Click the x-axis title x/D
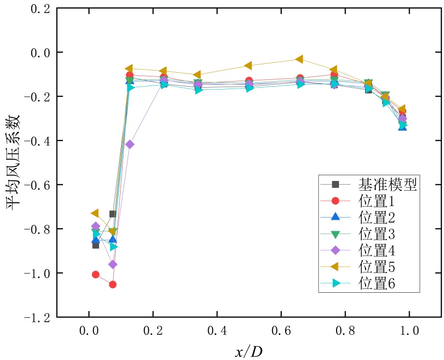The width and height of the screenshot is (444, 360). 249,351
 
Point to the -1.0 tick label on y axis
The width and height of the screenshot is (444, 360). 37,273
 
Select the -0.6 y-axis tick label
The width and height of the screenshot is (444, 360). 37,185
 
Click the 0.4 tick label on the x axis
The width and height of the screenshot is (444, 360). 217,332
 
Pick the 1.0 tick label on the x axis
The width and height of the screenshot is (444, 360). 409,332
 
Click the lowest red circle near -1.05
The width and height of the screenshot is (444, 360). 112,285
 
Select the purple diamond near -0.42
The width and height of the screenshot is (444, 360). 129,144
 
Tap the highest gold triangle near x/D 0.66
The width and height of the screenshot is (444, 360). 299,59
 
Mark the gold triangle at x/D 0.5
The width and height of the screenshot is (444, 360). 248,65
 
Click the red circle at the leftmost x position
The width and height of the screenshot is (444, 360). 95,274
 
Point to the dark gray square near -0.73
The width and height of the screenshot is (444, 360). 112,214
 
